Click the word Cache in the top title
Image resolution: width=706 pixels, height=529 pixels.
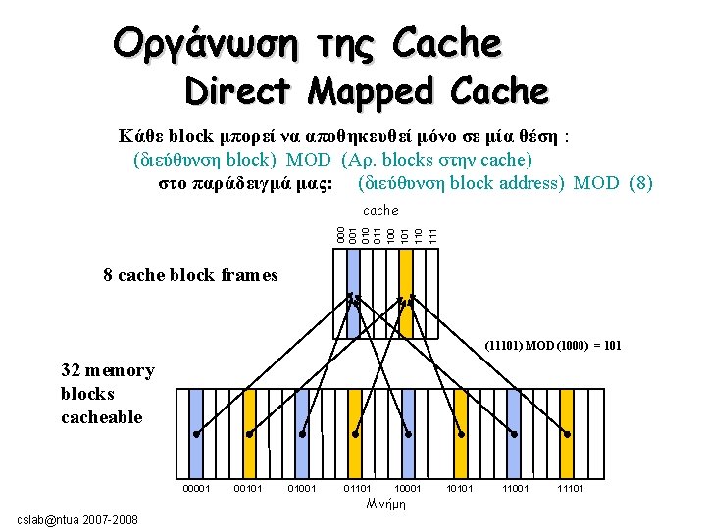click(x=446, y=42)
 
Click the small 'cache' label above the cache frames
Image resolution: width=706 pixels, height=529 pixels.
click(x=380, y=210)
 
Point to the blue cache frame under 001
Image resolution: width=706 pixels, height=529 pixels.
click(x=352, y=294)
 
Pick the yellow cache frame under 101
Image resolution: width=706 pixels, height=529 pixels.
click(x=403, y=294)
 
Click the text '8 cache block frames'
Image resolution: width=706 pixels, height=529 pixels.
click(x=190, y=275)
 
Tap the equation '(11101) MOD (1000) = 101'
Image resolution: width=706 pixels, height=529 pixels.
click(x=553, y=346)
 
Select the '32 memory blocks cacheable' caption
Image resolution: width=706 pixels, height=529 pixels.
click(x=107, y=394)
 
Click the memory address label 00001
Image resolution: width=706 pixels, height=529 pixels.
click(x=197, y=487)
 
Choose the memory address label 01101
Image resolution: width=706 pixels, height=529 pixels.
click(x=356, y=487)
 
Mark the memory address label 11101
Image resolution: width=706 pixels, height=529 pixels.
click(x=570, y=487)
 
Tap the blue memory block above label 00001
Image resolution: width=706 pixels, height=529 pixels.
click(x=196, y=431)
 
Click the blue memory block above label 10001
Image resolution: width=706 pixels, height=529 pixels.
click(x=409, y=431)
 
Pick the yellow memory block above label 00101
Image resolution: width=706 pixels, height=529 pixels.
click(x=249, y=431)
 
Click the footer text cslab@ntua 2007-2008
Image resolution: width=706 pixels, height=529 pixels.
click(x=78, y=518)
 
